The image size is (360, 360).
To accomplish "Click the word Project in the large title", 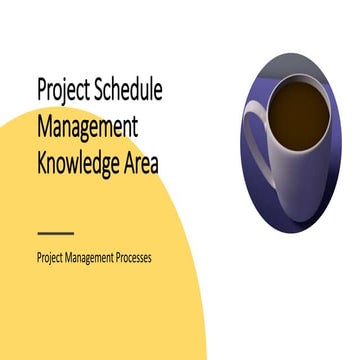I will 63,92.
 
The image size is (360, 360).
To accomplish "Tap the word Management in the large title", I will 87,127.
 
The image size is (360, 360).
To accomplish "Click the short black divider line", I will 54,232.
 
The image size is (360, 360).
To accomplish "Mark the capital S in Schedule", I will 100,91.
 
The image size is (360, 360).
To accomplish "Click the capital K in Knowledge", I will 41,160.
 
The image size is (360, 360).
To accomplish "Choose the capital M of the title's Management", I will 44,127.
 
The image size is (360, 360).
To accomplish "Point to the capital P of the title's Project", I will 41,91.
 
